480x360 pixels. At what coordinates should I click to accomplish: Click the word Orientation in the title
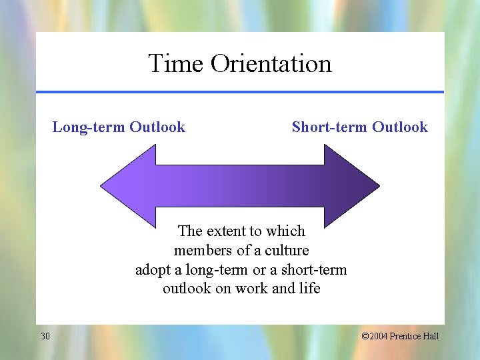[x=271, y=64]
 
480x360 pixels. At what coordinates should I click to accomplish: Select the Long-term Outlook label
[x=119, y=127]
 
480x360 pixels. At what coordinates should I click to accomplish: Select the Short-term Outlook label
[x=359, y=127]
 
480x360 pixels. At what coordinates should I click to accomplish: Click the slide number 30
[x=45, y=336]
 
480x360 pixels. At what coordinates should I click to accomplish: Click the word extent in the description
[x=226, y=231]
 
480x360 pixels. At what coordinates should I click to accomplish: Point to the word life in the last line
[x=309, y=289]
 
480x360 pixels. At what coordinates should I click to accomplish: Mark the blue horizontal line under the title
[x=239, y=92]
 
